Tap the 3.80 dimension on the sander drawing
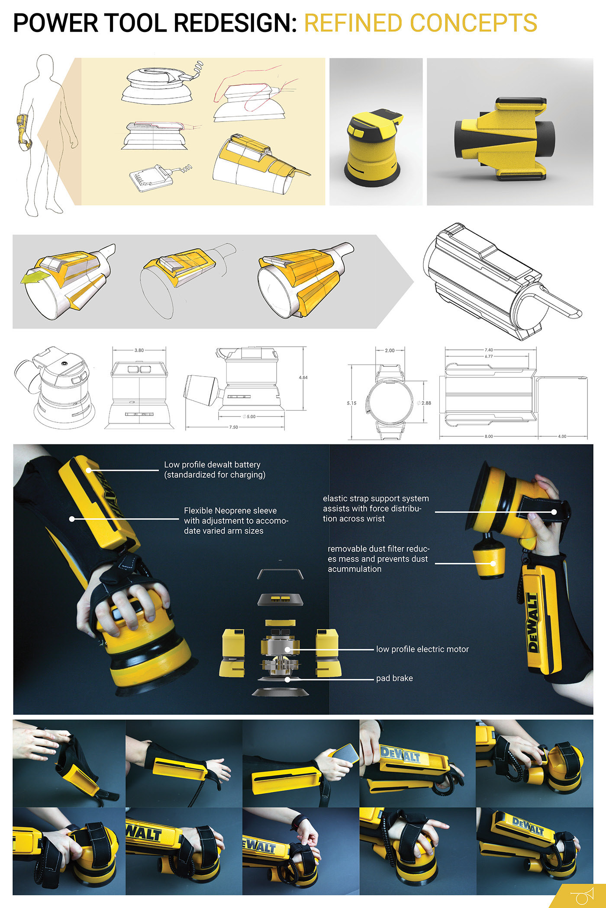(139, 350)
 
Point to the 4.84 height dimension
(303, 377)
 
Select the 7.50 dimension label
(233, 427)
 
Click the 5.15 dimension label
(351, 403)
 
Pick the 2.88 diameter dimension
(426, 403)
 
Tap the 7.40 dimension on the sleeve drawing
(489, 350)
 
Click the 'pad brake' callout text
(394, 678)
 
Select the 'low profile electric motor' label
(422, 649)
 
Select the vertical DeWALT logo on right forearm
(533, 622)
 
